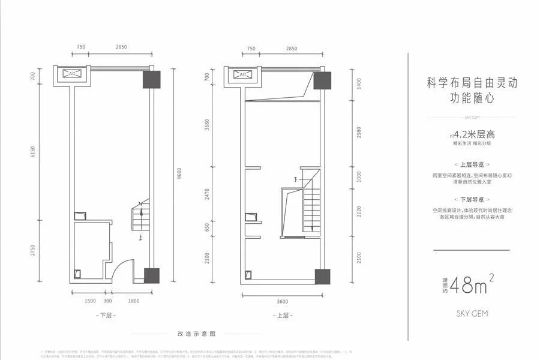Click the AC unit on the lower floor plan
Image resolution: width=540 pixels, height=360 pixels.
pyautogui.click(x=72, y=74)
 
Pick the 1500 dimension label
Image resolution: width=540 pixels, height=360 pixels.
pyautogui.click(x=90, y=301)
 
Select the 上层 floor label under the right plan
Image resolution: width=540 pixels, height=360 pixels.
pyautogui.click(x=282, y=315)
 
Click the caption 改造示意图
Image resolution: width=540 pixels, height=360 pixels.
pyautogui.click(x=196, y=333)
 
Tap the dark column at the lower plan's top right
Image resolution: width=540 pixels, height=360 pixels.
pyautogui.click(x=152, y=80)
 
